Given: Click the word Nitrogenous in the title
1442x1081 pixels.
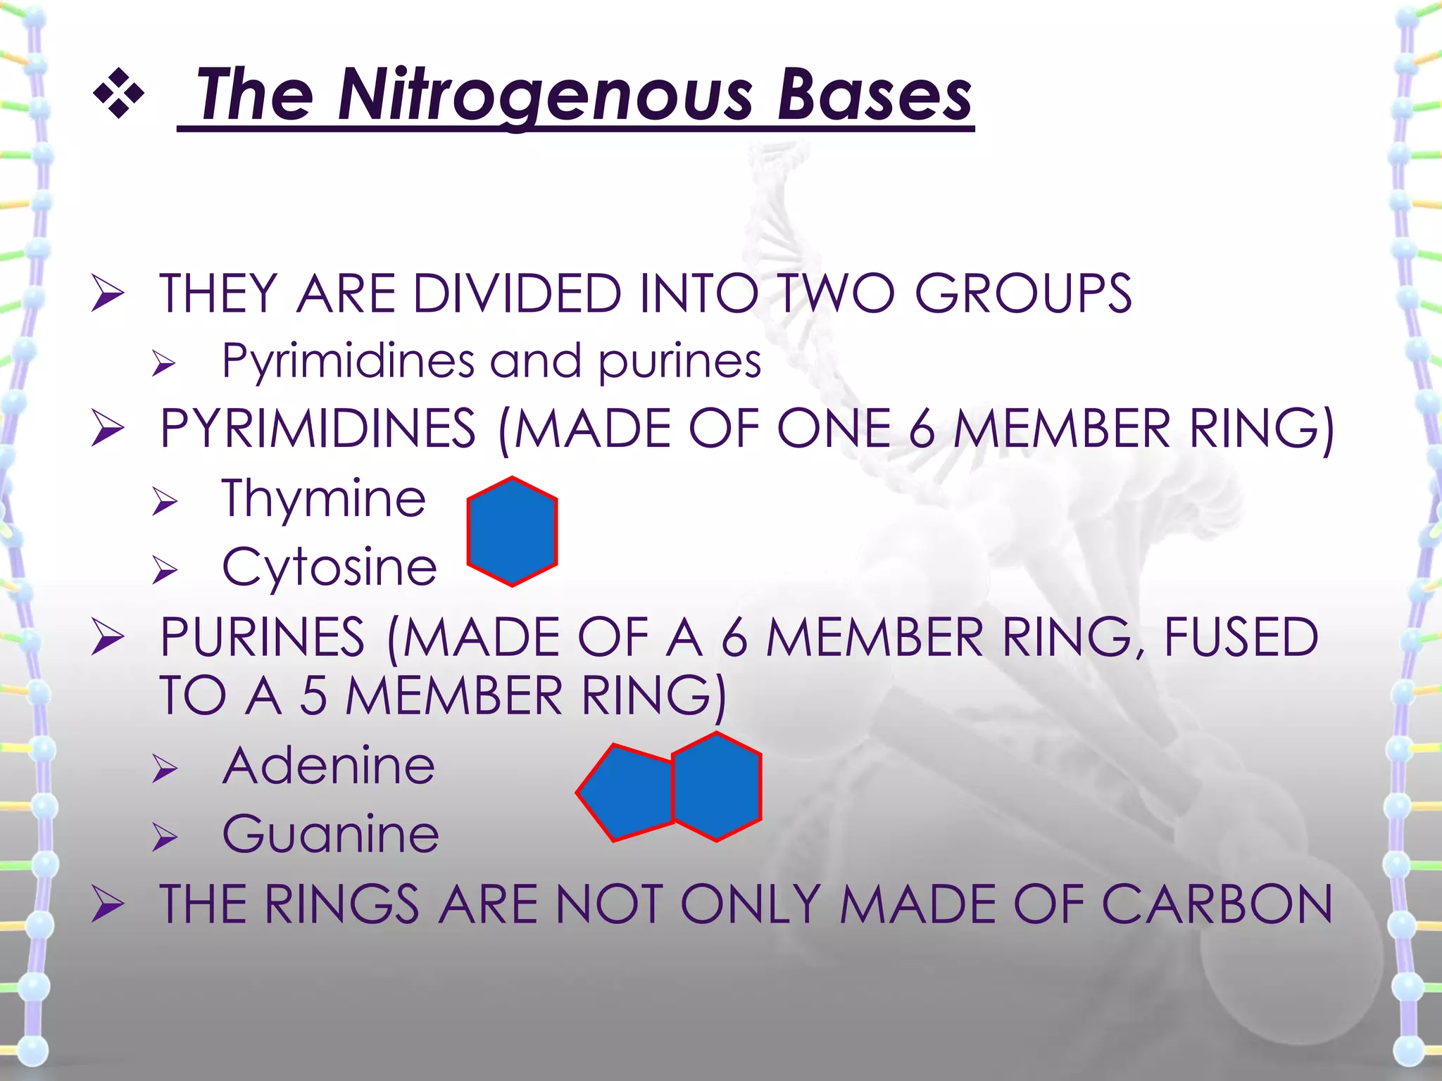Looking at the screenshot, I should coord(546,95).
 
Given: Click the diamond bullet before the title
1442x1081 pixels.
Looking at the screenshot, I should coord(118,93).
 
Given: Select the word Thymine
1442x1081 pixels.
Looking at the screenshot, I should coord(324,498).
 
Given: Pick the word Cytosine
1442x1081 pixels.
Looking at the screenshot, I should coord(329,567).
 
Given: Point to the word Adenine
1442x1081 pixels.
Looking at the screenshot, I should coord(329,766).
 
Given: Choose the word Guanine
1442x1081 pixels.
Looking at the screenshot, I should coord(330,834).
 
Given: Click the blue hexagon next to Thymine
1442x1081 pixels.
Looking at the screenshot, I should coord(512,531).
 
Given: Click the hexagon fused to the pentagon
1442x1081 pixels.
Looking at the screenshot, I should coord(717,787).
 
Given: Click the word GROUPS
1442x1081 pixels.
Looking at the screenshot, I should coord(1022,293).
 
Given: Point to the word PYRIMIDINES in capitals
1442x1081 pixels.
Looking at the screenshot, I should coord(318,429).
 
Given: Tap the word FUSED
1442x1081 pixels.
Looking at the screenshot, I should coord(1241,637).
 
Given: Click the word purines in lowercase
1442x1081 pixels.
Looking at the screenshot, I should coord(679,361).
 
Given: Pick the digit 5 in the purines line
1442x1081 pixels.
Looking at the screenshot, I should coord(314,695).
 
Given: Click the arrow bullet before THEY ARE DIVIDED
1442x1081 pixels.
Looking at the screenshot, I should coord(108,294).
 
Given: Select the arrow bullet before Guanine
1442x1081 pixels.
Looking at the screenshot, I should coord(165,837).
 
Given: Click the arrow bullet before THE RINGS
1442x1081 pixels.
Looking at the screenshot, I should coord(108,905).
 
